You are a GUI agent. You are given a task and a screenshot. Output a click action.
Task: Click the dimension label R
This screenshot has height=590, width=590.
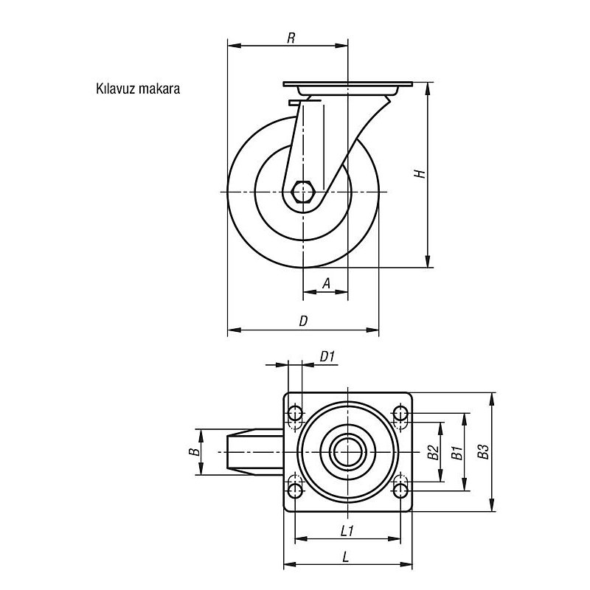coord(291,38)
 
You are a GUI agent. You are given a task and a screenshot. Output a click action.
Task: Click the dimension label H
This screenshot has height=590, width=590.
coord(420,173)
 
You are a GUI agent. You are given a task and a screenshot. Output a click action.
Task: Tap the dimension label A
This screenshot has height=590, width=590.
coord(327,283)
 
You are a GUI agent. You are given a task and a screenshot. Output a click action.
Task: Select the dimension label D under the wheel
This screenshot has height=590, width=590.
coord(303,321)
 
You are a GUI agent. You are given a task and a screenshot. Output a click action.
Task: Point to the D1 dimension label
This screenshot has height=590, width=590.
coord(327,356)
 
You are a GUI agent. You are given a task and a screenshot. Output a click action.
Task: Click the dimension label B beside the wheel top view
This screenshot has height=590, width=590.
coord(194,451)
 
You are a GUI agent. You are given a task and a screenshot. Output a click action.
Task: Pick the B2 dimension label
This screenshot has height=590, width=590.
coord(434,452)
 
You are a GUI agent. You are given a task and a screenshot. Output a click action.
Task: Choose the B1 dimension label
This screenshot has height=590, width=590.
coord(457,453)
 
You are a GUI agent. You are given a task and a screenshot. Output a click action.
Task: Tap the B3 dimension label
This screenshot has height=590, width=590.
coord(483,451)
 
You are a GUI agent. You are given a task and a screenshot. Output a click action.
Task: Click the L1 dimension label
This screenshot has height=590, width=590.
coord(347,531)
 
